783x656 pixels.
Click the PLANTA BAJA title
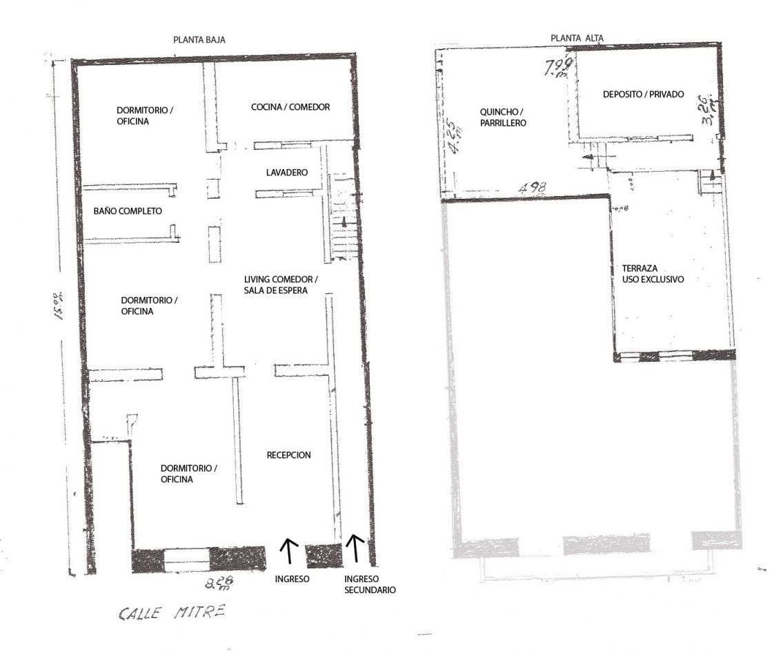[x=199, y=40]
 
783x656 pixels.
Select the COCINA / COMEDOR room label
[x=290, y=107]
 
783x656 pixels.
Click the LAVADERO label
[x=286, y=172]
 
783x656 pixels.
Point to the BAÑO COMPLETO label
[x=128, y=211]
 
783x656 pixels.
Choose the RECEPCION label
[x=288, y=455]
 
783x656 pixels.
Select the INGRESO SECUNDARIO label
[x=370, y=585]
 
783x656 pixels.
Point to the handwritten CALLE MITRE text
[x=171, y=612]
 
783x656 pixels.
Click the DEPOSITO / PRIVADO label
[x=643, y=95]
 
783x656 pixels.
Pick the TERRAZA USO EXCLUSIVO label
[x=652, y=274]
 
